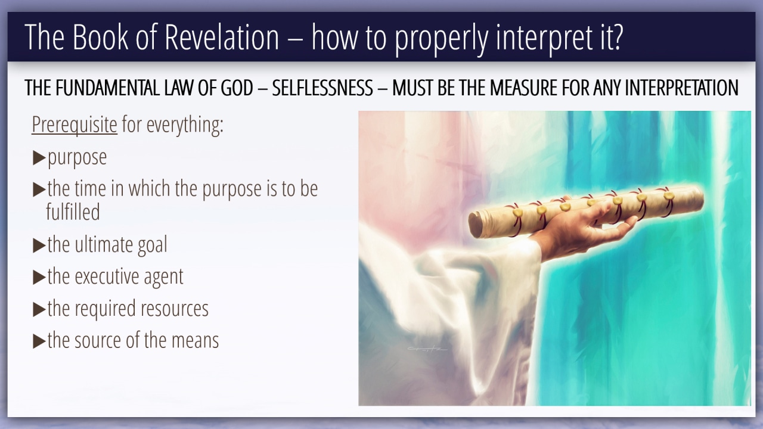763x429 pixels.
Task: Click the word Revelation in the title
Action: [x=222, y=37]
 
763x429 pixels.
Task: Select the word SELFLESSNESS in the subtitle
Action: [x=322, y=88]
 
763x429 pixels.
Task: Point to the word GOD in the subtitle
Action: [x=237, y=88]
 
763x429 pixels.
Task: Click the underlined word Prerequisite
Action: [x=75, y=125]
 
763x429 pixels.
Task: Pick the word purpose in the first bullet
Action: [x=77, y=158]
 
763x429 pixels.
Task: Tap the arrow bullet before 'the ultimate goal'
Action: [x=39, y=245]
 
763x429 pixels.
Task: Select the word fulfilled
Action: [x=73, y=212]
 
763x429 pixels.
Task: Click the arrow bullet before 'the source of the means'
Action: [x=39, y=341]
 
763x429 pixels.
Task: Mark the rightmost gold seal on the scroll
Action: [x=669, y=196]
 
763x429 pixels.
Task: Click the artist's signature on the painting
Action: [x=427, y=349]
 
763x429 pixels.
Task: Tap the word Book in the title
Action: [x=100, y=37]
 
